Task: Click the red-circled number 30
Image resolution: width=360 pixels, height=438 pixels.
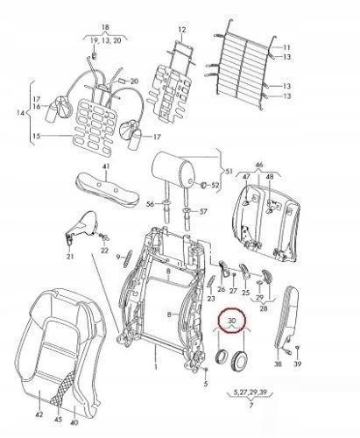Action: [231, 321]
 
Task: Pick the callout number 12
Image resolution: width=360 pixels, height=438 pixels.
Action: [182, 30]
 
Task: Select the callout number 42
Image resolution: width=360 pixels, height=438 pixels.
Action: [39, 413]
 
